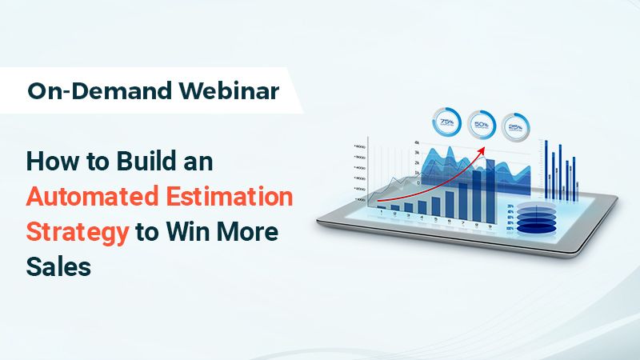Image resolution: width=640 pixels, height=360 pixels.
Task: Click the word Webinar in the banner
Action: (x=231, y=90)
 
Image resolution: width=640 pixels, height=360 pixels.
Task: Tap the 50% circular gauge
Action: (x=482, y=125)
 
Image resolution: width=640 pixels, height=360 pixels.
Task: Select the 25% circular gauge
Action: (x=516, y=126)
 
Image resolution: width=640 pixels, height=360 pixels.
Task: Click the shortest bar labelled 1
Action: (x=382, y=207)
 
